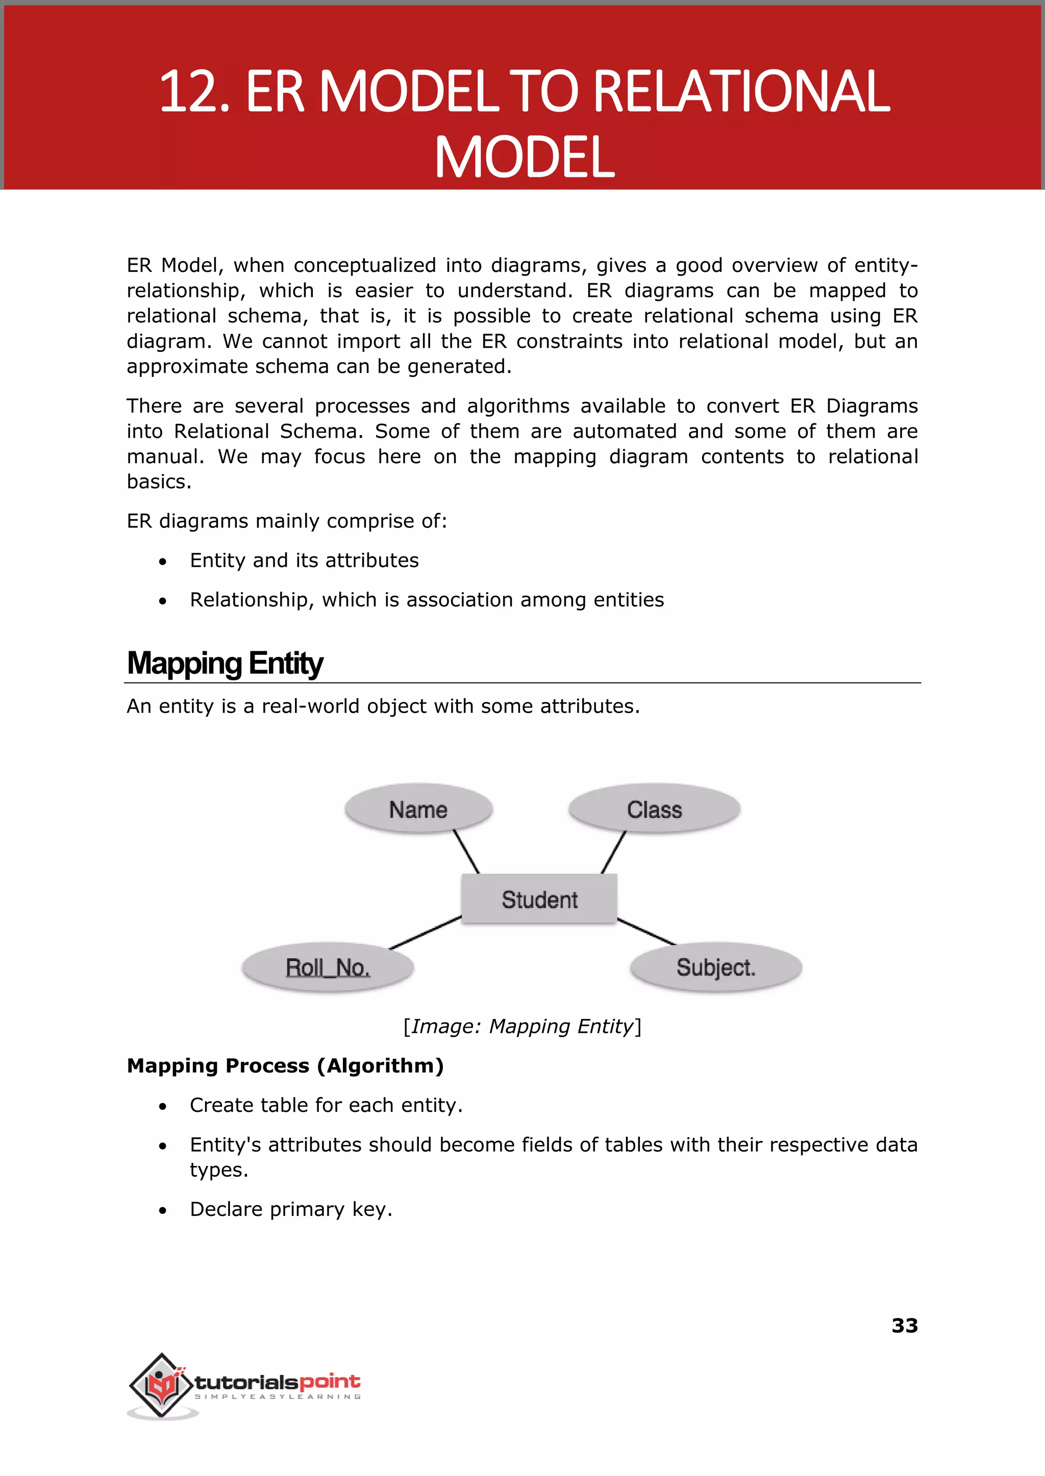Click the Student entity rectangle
[539, 899]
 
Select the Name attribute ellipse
[418, 809]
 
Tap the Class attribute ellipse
[655, 809]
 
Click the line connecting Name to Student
[466, 852]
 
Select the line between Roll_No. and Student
[426, 932]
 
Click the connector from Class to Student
[613, 852]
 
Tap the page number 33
[904, 1326]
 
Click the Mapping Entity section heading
[225, 663]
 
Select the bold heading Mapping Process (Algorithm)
[285, 1065]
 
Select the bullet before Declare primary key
[163, 1210]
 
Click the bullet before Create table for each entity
[163, 1106]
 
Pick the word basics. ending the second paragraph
[159, 481]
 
